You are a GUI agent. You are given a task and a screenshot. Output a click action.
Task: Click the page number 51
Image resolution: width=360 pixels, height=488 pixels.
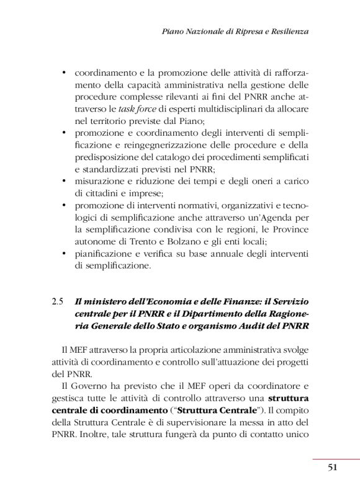(x=332, y=468)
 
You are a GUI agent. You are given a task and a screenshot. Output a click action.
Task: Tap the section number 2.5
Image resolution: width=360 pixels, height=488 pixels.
(x=58, y=302)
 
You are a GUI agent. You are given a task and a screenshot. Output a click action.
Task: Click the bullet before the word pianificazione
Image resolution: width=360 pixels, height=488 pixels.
(x=64, y=254)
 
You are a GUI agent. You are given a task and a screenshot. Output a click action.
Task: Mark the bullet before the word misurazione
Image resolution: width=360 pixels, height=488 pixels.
(x=64, y=181)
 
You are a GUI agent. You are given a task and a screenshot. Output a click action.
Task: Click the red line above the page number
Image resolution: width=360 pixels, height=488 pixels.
(x=336, y=459)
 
